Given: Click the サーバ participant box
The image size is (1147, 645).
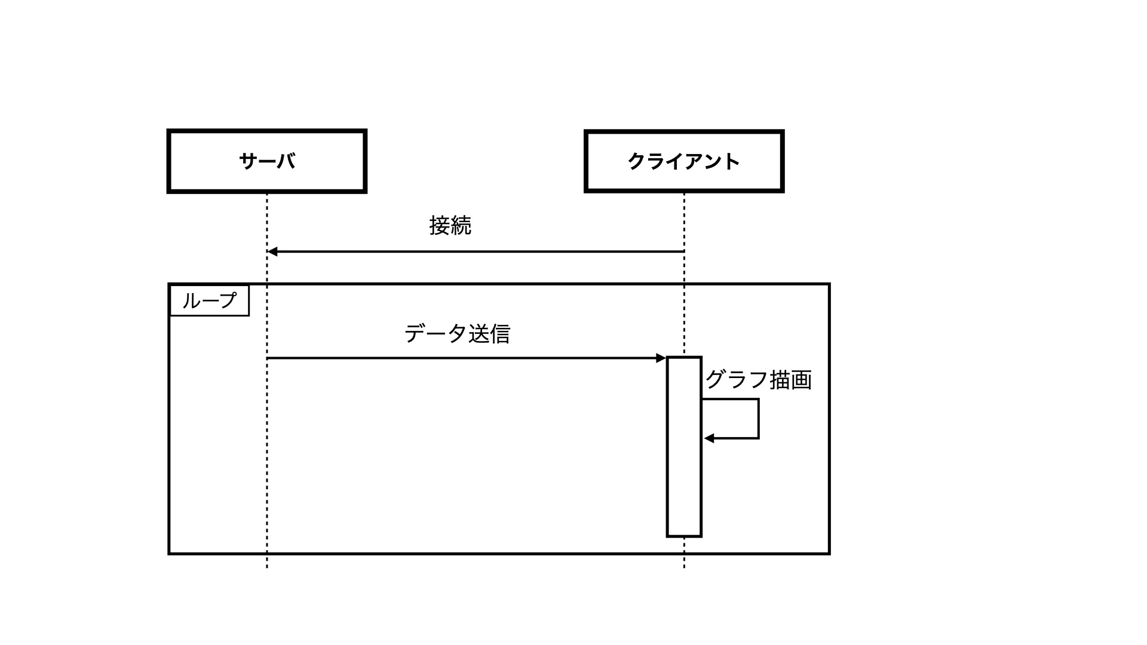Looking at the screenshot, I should click(x=266, y=161).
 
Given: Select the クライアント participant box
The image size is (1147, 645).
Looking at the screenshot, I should click(x=683, y=161).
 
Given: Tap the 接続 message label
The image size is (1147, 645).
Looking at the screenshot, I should click(x=450, y=226).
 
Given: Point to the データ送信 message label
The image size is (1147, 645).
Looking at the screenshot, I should click(x=457, y=334).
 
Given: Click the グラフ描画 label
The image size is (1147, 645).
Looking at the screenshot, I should click(x=758, y=380).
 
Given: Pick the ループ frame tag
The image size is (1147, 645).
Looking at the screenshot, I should click(x=209, y=300).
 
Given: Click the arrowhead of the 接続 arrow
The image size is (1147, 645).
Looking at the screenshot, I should click(x=272, y=251).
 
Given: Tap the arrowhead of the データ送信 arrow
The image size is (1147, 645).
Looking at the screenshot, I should click(x=661, y=358).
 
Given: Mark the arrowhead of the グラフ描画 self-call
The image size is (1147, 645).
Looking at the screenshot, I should click(x=709, y=438).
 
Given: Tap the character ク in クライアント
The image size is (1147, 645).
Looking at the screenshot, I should click(x=636, y=161).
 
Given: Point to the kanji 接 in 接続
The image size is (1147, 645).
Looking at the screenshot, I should click(x=439, y=226).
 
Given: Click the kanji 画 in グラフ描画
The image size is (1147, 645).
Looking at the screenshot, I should click(x=801, y=380).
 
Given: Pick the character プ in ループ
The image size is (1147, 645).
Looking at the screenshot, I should click(x=226, y=300).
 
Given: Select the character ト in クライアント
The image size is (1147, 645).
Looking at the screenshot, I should click(x=732, y=161).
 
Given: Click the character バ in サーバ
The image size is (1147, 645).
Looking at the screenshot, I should click(x=286, y=161).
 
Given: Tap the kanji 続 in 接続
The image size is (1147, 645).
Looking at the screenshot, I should click(x=461, y=226).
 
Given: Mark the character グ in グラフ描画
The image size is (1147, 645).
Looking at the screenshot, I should click(x=716, y=380).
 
